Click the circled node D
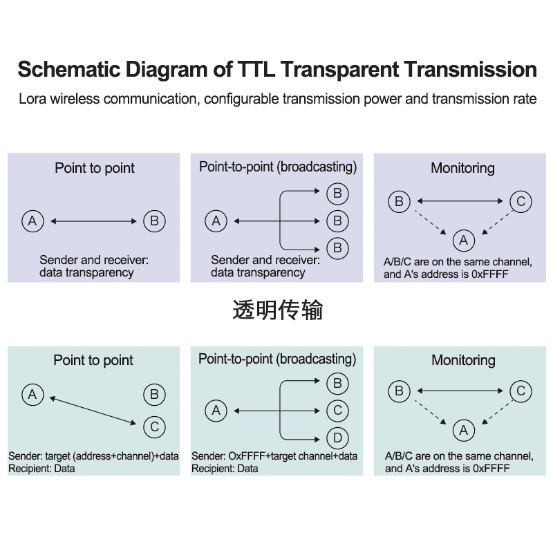coord(337,438)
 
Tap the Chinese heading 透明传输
coord(277,310)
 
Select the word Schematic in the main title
coord(64,70)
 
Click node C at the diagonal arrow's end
coord(154,427)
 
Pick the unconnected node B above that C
coord(154,395)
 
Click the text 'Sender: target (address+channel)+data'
coord(93,456)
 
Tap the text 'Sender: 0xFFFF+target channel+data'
coord(274,456)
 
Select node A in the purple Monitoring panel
coord(463,240)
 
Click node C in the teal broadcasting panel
coord(337,411)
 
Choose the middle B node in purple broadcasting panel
coord(337,221)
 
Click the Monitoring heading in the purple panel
coord(462,168)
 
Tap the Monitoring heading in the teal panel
coord(463,360)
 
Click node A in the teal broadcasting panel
coord(216,411)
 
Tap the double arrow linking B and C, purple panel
coord(460,202)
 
